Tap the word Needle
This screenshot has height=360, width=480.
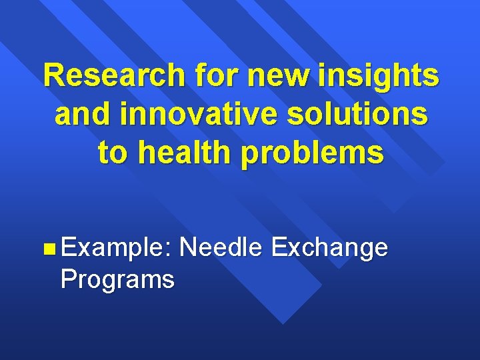[x=222, y=247]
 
